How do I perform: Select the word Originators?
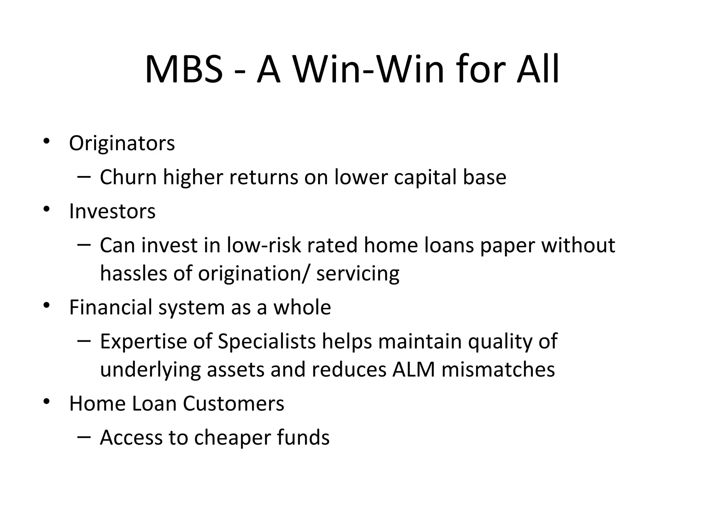122,143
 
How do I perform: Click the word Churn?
128,177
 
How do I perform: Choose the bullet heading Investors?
112,211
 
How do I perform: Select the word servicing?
358,274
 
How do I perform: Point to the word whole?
302,307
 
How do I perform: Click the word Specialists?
267,341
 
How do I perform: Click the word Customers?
233,403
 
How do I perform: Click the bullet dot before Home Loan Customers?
47,401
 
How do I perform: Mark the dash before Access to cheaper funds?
84,437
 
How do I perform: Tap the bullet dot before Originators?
47,141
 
